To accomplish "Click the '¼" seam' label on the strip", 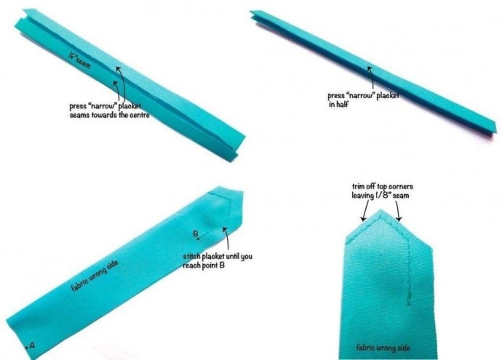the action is (79, 60).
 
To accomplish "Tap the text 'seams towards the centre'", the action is (109, 115).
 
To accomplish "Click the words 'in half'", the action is (338, 104).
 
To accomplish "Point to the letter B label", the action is (195, 234).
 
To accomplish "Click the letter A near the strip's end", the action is (32, 345).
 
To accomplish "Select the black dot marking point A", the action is (27, 347).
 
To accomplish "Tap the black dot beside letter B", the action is (199, 239).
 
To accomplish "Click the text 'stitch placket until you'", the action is (218, 256).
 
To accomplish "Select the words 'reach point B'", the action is (204, 265).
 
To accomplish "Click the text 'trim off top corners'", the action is (383, 186).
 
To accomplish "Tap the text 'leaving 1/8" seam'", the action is (381, 195).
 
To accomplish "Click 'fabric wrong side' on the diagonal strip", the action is (95, 276).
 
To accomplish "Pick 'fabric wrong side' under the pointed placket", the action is (383, 348).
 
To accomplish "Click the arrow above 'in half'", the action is (371, 78).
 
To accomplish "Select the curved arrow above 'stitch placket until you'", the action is (226, 238).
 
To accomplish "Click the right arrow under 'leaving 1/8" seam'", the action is (398, 211).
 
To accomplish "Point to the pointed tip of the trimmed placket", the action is (381, 209).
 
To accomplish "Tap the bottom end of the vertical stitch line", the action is (409, 306).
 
